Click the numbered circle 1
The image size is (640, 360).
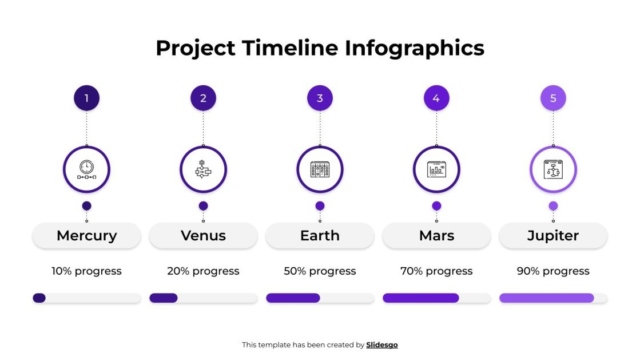pos(86,98)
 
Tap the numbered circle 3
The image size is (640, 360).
pos(320,98)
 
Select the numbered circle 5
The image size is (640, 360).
pos(553,98)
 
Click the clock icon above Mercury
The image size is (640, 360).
pos(86,169)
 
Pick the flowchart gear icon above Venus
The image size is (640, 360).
pos(203,169)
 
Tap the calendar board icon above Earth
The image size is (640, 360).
pos(320,169)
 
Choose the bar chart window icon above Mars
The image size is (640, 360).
pos(436,169)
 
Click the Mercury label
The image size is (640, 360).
pos(86,235)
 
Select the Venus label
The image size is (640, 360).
pos(203,235)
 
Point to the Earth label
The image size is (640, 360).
pos(320,235)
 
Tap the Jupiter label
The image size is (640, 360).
pos(553,235)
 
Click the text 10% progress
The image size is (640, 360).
pos(86,271)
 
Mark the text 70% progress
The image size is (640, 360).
pos(436,271)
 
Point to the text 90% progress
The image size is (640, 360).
pos(553,271)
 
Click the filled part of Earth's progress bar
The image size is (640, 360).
pos(293,298)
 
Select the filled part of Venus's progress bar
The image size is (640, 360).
pos(164,298)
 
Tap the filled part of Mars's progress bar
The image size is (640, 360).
pos(420,298)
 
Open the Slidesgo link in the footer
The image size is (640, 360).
pos(382,345)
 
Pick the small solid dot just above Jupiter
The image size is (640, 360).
pos(553,205)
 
